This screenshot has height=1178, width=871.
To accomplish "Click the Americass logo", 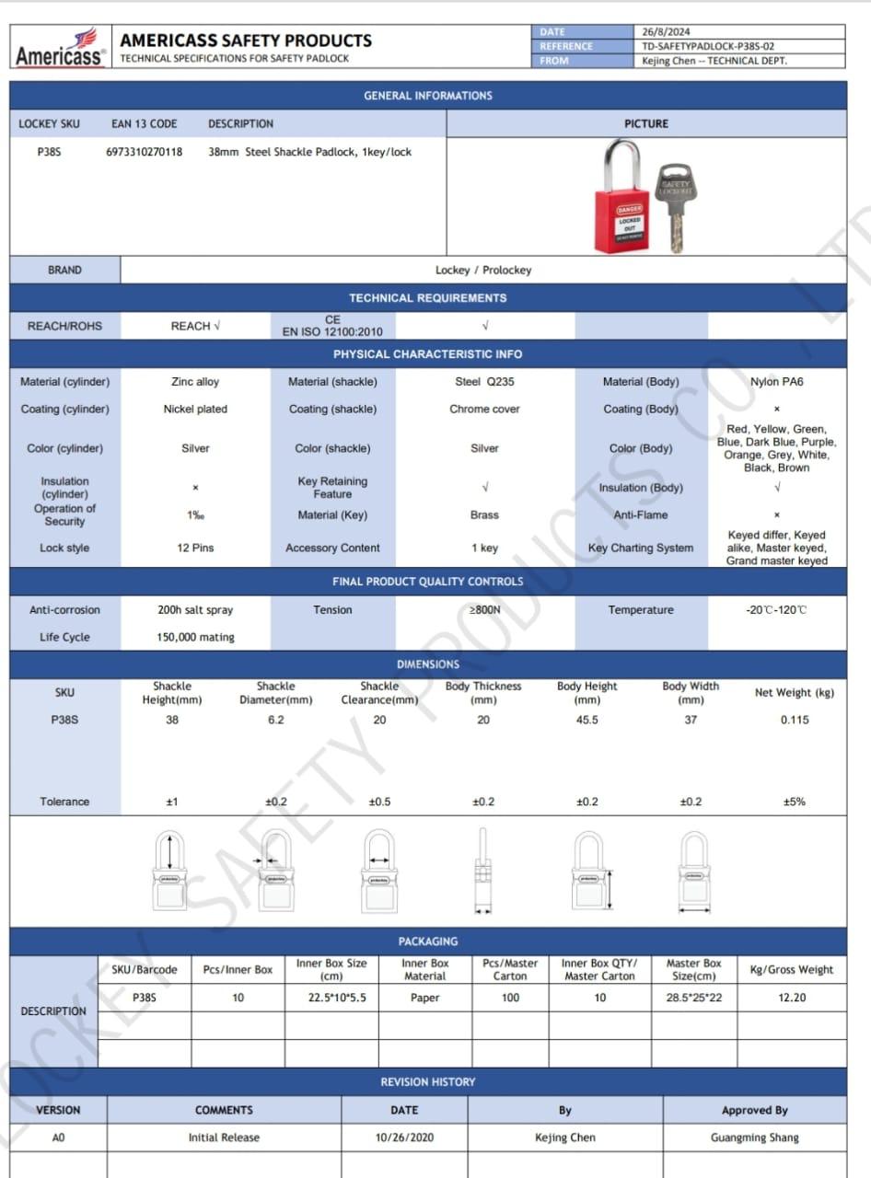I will click(x=60, y=48).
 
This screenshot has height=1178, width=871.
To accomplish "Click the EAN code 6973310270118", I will click(x=145, y=152).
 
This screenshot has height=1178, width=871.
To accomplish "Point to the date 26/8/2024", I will click(x=667, y=32).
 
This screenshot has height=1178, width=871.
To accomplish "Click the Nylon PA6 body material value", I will click(x=776, y=382).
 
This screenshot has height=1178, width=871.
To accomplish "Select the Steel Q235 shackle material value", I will click(x=484, y=382).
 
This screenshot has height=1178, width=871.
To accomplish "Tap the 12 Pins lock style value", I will click(x=195, y=548).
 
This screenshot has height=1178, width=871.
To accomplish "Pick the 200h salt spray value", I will click(x=195, y=610).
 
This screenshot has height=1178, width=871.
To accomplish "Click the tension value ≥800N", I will click(x=484, y=610).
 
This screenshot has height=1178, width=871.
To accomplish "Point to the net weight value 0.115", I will click(x=794, y=720).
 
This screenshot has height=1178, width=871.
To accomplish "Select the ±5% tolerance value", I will click(x=794, y=802).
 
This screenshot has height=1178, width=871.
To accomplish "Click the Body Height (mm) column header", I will click(x=586, y=693).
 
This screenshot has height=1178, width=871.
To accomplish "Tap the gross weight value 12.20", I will click(x=792, y=998).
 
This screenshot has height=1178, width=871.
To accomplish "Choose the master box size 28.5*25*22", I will click(x=693, y=998).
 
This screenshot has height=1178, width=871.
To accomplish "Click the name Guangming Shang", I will click(x=754, y=1138).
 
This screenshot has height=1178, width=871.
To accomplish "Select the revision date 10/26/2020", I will click(x=403, y=1138).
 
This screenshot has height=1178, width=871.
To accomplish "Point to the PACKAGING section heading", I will click(x=427, y=941).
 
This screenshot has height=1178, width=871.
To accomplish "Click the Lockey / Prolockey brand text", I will click(x=482, y=271).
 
